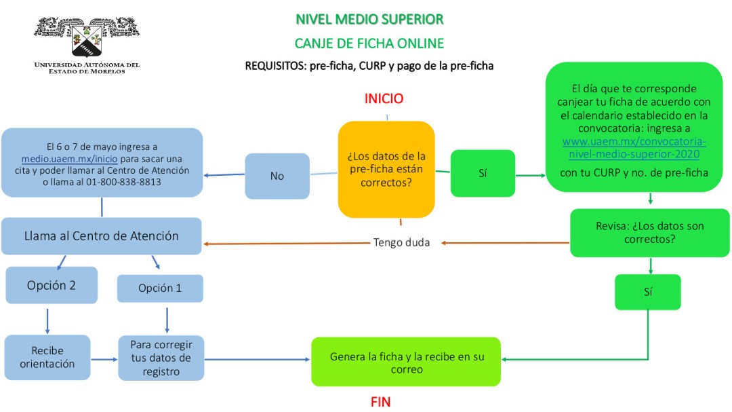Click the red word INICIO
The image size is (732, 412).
coord(384,98)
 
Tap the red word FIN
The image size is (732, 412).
coord(380,402)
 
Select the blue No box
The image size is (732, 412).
coord(277,176)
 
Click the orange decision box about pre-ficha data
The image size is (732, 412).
coord(386,169)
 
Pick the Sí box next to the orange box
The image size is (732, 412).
coord(483,174)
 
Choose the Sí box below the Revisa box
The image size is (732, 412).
coord(647,292)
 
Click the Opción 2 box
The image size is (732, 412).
coord(51,285)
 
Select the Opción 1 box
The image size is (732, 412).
coord(160,288)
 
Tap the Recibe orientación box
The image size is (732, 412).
coord(47,357)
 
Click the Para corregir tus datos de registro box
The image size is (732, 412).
coord(161,358)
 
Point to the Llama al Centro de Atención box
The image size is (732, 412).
coord(102,236)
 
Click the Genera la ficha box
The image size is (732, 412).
coord(406,362)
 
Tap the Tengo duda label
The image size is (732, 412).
coord(401,242)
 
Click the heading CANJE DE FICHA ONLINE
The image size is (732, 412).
coord(369,43)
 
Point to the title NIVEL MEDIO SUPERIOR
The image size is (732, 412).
coord(369,19)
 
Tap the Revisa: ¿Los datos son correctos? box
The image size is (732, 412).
coord(649,232)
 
